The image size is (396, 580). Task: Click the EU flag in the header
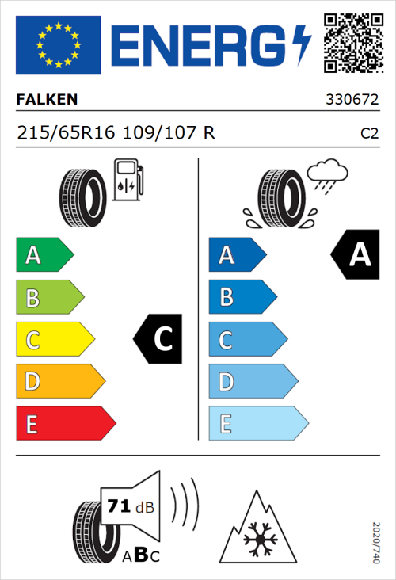58,44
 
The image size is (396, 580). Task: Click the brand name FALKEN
48,100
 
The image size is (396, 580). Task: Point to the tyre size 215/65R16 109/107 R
116,133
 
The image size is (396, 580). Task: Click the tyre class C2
368,134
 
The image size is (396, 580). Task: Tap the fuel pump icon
129,180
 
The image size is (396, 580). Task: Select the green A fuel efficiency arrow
44,255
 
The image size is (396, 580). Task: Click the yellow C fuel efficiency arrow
55,340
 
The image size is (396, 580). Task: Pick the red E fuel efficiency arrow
65,424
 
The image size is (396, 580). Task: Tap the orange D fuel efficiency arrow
59,382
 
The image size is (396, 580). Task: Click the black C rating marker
161,340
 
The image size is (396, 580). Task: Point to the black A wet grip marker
355,255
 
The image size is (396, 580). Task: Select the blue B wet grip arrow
242,297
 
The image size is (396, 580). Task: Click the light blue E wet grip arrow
257,424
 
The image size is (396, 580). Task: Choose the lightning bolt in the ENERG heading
302,44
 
